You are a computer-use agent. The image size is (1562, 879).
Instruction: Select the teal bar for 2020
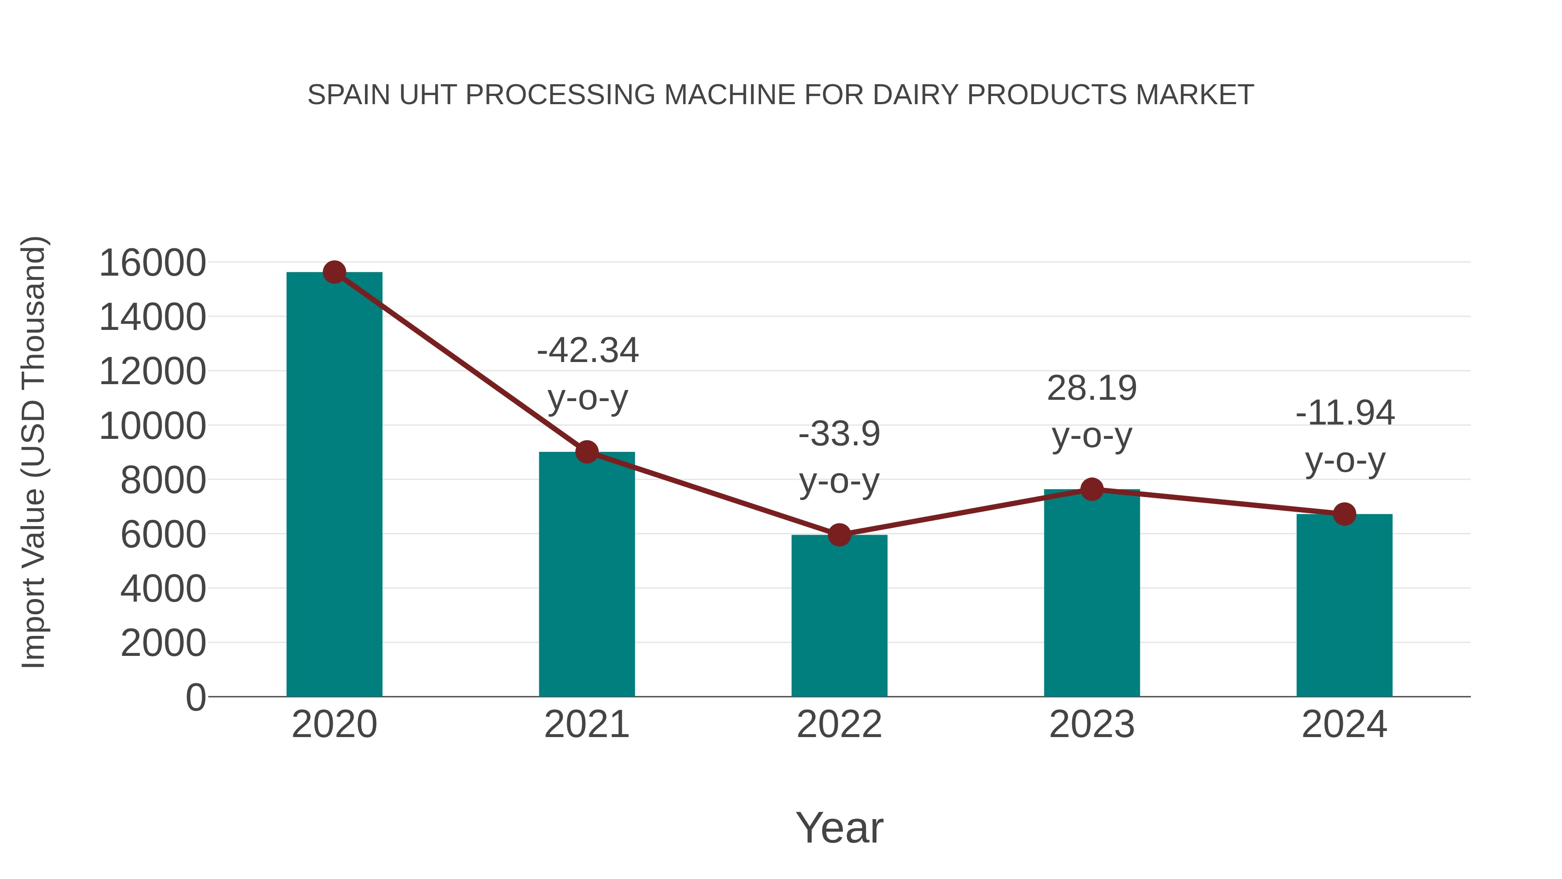(x=334, y=485)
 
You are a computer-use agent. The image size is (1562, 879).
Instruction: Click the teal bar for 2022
(x=839, y=616)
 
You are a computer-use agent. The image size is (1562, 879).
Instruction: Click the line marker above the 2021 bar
(x=586, y=452)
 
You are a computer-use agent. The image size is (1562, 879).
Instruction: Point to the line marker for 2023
(x=1092, y=489)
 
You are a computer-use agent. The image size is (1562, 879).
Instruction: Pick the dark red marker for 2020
(x=334, y=272)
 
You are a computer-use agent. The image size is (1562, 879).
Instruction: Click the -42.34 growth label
(x=587, y=351)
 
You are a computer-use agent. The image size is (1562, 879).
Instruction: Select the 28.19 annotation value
(x=1092, y=388)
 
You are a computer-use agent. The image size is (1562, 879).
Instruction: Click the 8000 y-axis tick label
(x=163, y=481)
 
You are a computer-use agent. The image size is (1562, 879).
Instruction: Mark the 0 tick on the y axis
(x=195, y=697)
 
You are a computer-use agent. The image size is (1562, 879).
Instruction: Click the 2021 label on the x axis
(x=586, y=724)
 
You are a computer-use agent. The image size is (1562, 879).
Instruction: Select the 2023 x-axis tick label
(x=1092, y=724)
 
